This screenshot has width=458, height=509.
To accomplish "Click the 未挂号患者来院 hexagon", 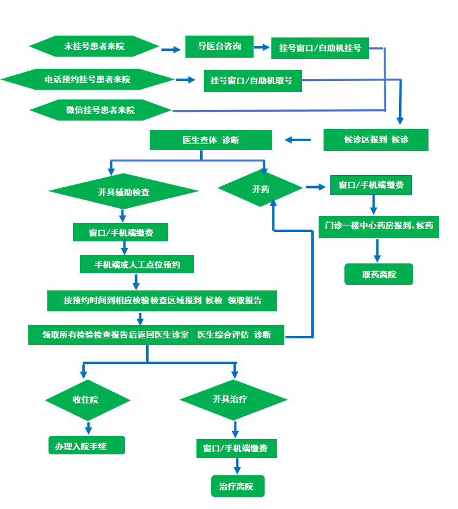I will pyautogui.click(x=94, y=46).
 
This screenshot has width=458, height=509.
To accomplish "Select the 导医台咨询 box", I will pyautogui.click(x=219, y=47).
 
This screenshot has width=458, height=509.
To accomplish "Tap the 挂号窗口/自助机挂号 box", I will pyautogui.click(x=320, y=47).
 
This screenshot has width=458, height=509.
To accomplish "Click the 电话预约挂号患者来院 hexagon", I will pyautogui.click(x=88, y=79).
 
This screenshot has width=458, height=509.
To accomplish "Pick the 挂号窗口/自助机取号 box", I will pyautogui.click(x=252, y=80).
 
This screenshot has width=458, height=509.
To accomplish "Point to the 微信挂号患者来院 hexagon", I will pyautogui.click(x=101, y=111).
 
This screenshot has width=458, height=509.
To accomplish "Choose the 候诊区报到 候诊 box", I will pyautogui.click(x=376, y=139).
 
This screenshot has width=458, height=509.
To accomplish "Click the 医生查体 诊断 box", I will pyautogui.click(x=211, y=140).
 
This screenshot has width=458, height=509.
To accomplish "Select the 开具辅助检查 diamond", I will pyautogui.click(x=123, y=192).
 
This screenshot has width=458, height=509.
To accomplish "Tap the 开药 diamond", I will pyautogui.click(x=260, y=188).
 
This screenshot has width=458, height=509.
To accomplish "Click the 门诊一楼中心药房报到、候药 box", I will pyautogui.click(x=379, y=225).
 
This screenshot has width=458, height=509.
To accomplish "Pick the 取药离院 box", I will pyautogui.click(x=379, y=274).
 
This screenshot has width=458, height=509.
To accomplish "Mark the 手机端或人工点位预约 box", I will pyautogui.click(x=138, y=265).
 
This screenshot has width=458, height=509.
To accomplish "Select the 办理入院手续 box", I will pyautogui.click(x=87, y=446).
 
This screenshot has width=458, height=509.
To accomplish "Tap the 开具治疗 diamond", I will pyautogui.click(x=233, y=400).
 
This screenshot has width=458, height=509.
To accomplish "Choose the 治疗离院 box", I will pyautogui.click(x=237, y=486).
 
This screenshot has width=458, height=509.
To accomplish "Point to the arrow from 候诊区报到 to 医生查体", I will pyautogui.click(x=298, y=140).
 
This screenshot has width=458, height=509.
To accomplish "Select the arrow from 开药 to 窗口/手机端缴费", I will pyautogui.click(x=315, y=187).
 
